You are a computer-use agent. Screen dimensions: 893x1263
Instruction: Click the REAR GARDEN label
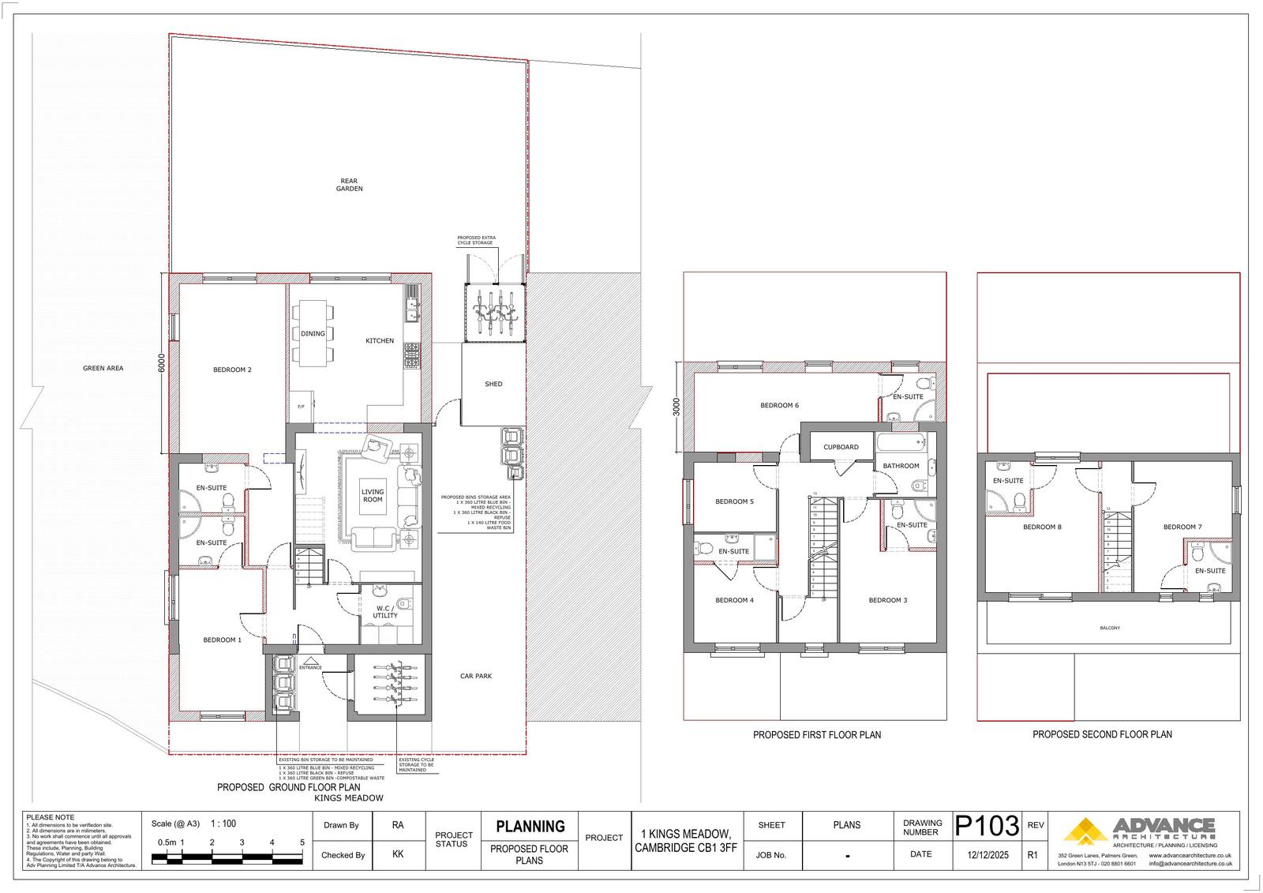coord(349,185)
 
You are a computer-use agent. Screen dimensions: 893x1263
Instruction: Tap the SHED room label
coord(493,385)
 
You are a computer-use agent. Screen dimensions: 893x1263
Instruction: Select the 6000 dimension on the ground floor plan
coord(161,364)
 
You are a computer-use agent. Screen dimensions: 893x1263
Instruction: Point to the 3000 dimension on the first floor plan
coord(675,407)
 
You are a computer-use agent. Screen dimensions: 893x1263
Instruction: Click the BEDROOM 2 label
coord(232,370)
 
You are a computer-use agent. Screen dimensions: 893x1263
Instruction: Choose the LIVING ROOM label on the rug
coord(373,496)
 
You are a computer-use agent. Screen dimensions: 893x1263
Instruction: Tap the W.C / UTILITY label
coord(385,612)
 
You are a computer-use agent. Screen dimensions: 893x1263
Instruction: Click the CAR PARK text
coord(476,676)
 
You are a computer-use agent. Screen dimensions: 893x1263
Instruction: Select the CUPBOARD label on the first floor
coord(841,447)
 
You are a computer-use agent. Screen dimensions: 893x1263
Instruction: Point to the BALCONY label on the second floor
coord(1110,628)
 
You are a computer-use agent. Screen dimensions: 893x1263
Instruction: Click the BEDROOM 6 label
coord(779,406)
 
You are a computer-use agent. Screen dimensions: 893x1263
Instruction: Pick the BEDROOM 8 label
coord(1042,527)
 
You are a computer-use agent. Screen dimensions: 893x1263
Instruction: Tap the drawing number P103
coord(987,826)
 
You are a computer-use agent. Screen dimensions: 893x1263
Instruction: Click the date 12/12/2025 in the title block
coord(987,854)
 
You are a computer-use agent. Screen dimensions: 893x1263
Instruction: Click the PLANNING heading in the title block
coord(530,827)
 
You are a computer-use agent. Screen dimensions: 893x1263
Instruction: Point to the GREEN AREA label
coord(103,368)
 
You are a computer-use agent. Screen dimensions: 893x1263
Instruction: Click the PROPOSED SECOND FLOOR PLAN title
coord(1102,734)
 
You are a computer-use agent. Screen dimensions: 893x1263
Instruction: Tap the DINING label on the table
coord(313,334)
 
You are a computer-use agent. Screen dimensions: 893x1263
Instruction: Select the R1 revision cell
coord(1033,854)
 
